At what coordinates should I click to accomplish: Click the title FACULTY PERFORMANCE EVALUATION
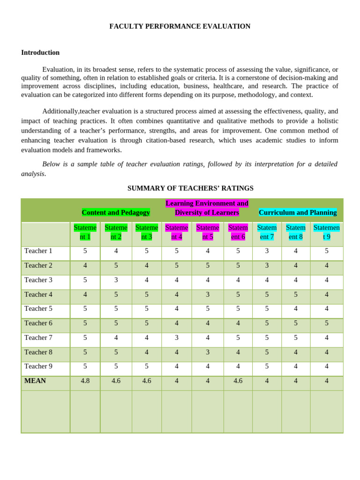(x=180, y=26)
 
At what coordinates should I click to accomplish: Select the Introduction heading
(x=40, y=52)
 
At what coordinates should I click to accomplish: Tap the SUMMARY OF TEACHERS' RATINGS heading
(x=190, y=188)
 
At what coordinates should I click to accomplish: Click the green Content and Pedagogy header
(x=116, y=212)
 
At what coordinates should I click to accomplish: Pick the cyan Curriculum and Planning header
(x=298, y=212)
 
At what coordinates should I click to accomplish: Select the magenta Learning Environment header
(x=207, y=208)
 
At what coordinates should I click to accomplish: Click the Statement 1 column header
(x=85, y=232)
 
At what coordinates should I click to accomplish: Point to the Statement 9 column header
(x=327, y=232)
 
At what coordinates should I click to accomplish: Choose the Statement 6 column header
(x=238, y=232)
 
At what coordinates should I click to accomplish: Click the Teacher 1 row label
(x=38, y=251)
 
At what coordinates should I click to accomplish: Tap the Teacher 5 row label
(x=38, y=308)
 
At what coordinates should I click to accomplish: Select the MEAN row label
(x=35, y=381)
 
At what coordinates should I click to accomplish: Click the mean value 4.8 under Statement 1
(x=85, y=381)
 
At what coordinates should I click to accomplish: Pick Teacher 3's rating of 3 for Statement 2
(x=116, y=280)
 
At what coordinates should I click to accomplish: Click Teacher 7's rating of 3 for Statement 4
(x=177, y=337)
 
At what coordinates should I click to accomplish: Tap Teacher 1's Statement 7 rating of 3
(x=267, y=251)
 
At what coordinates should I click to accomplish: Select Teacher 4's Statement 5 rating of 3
(x=208, y=294)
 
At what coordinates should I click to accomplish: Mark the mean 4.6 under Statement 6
(x=238, y=381)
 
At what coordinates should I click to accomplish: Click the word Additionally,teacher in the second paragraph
(x=68, y=111)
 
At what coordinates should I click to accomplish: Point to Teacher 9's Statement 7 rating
(x=267, y=366)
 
